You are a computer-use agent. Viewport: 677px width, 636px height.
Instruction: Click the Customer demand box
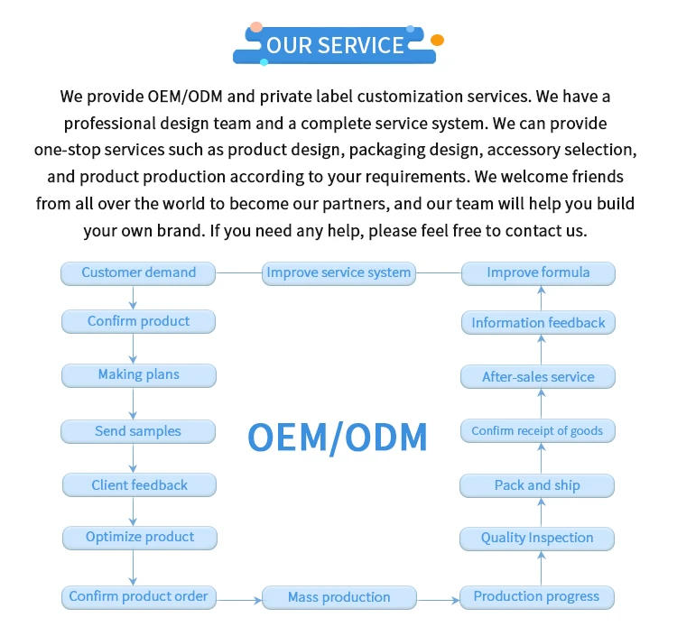[x=139, y=273]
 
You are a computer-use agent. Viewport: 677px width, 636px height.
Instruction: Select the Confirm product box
[x=139, y=321]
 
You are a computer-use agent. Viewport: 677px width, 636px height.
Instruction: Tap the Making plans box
[x=139, y=375]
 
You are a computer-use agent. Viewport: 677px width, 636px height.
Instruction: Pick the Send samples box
[x=139, y=431]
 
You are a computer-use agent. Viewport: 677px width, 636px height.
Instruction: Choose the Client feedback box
[x=139, y=485]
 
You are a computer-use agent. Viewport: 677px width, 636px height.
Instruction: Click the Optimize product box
[x=140, y=538]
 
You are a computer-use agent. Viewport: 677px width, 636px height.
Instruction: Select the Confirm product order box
[x=139, y=596]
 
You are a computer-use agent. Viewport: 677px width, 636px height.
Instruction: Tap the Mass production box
[x=339, y=597]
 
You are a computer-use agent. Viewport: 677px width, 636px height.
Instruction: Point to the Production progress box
[x=537, y=596]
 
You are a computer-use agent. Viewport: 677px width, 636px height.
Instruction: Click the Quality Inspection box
[x=537, y=539]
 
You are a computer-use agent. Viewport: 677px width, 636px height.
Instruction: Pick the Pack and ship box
[x=537, y=486]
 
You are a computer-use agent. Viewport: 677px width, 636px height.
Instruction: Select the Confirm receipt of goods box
[x=537, y=431]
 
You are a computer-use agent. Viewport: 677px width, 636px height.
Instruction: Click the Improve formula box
[x=538, y=273]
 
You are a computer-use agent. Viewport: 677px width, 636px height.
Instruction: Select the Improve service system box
[x=339, y=273]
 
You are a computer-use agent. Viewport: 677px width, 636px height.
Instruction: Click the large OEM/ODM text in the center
[x=338, y=438]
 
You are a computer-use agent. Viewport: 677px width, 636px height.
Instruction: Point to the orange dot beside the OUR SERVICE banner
[x=437, y=41]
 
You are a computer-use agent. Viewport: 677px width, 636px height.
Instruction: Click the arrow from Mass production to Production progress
[x=439, y=597]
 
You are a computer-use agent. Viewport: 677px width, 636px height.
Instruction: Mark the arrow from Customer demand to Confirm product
[x=134, y=298]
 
